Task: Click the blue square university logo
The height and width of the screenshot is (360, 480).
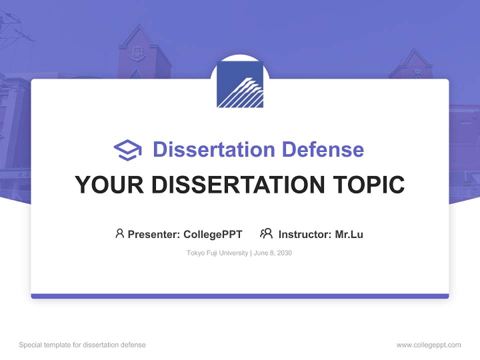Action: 240,84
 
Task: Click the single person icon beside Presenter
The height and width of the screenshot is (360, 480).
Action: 119,233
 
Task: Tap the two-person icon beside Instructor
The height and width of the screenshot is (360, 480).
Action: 266,233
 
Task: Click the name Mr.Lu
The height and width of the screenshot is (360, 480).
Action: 349,234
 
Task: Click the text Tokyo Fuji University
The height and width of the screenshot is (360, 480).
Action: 217,253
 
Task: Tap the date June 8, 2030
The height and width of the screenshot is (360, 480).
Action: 273,253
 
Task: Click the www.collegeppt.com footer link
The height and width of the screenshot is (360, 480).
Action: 428,345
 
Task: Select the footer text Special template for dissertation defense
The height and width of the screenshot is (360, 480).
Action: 82,345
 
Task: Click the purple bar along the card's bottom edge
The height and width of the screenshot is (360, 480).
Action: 240,296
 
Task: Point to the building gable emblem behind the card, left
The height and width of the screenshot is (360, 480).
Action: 136,52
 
